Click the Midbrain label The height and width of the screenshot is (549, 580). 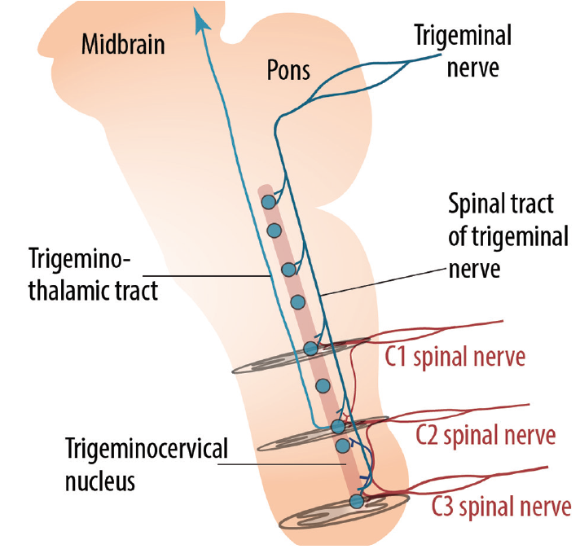point(123,44)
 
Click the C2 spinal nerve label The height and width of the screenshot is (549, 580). point(486,434)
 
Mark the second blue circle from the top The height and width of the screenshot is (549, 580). point(275,231)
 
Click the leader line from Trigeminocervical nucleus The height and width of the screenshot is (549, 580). point(285,462)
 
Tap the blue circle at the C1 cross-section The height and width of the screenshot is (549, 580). point(310,349)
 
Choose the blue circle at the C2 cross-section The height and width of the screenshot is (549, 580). point(338,426)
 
